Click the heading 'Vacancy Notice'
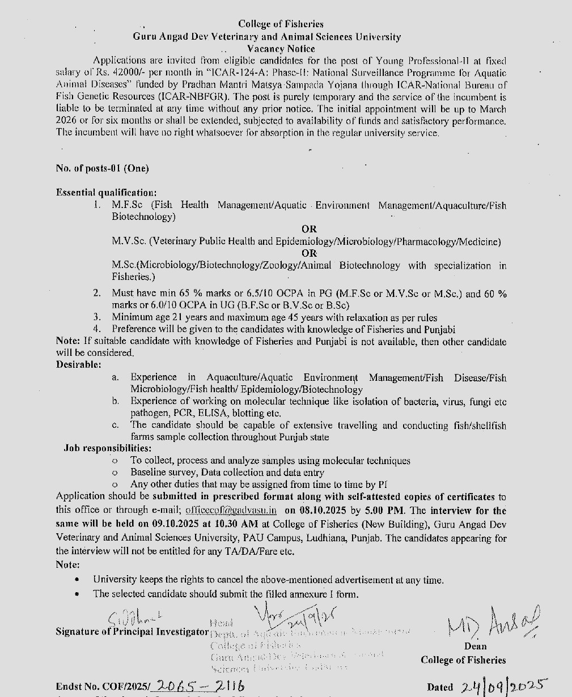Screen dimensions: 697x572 click(281, 49)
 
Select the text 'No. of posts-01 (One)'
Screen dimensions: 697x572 click(103, 168)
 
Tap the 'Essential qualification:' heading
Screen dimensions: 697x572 click(106, 193)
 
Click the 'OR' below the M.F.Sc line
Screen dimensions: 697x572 click(309, 229)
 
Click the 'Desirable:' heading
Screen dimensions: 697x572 click(79, 364)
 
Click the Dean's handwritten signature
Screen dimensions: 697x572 click(494, 623)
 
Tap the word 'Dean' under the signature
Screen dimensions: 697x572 click(475, 646)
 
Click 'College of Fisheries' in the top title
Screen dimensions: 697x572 click(281, 24)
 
